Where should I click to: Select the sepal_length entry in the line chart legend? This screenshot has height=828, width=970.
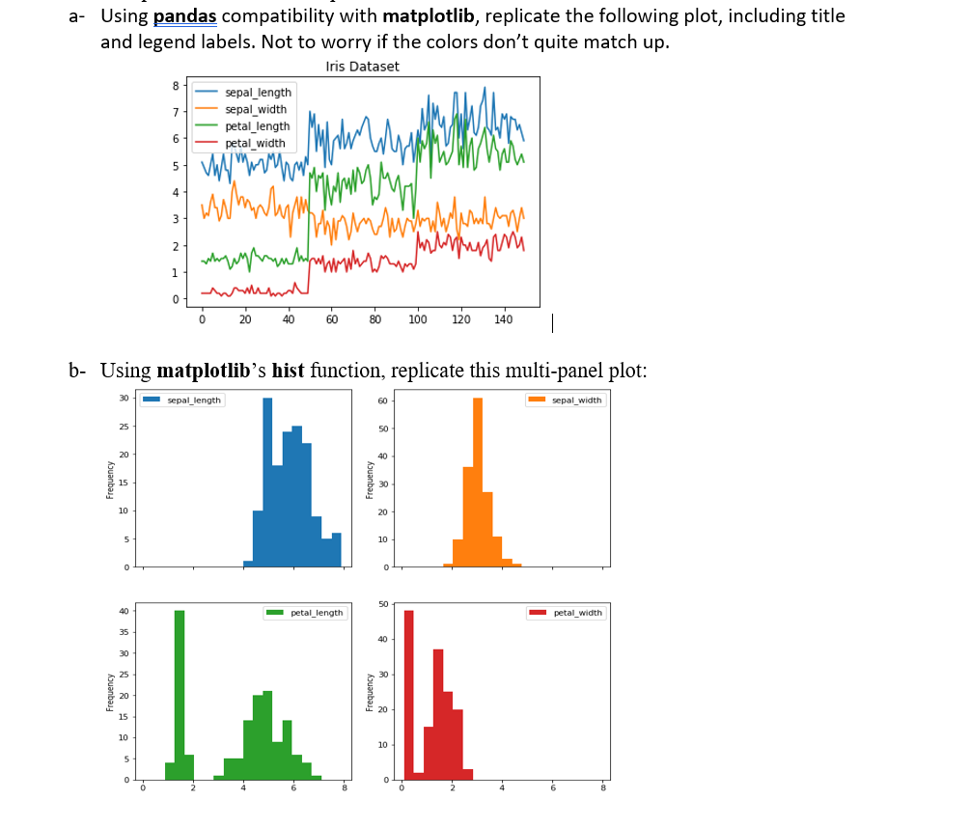click(x=257, y=93)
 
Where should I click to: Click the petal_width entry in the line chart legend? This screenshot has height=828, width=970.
click(x=254, y=143)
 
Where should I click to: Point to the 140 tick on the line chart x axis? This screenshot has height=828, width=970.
click(x=503, y=319)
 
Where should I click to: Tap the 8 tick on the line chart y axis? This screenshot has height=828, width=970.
click(x=175, y=86)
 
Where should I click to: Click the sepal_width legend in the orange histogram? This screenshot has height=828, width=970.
click(x=566, y=400)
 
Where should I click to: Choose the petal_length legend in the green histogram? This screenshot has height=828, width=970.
click(x=305, y=613)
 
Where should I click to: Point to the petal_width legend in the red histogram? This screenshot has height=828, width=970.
click(x=567, y=613)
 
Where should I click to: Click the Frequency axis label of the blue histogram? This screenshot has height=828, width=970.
click(x=110, y=480)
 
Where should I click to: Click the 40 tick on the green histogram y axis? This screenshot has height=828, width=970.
click(x=123, y=612)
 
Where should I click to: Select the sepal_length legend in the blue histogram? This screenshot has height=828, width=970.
click(x=182, y=400)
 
